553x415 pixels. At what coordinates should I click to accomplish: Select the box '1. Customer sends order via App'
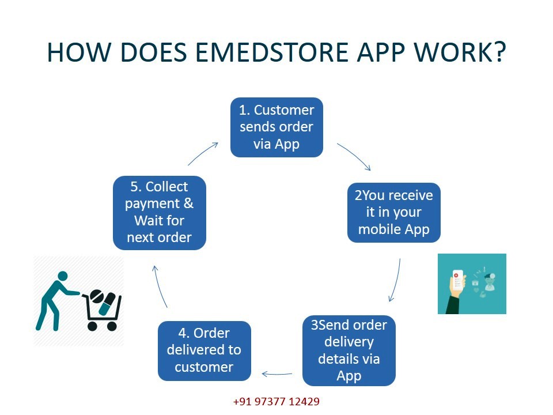pyautogui.click(x=276, y=127)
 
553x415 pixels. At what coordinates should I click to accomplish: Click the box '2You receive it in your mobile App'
pyautogui.click(x=394, y=213)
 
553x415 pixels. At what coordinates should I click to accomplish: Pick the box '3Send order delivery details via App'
pyautogui.click(x=349, y=350)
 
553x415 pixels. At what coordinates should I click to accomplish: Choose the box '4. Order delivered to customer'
pyautogui.click(x=204, y=351)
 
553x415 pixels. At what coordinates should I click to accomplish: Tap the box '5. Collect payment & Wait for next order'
pyautogui.click(x=160, y=213)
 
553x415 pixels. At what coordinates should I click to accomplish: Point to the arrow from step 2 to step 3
pyautogui.click(x=397, y=281)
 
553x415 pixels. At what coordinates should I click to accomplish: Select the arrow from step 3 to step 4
pyautogui.click(x=277, y=374)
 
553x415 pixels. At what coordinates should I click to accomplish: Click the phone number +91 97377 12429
pyautogui.click(x=276, y=402)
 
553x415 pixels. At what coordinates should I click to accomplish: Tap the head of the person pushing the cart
pyautogui.click(x=62, y=276)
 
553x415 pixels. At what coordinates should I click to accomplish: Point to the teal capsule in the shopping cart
pyautogui.click(x=107, y=304)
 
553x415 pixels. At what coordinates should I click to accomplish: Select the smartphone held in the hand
pyautogui.click(x=457, y=281)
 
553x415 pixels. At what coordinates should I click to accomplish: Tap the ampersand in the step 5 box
pyautogui.click(x=189, y=203)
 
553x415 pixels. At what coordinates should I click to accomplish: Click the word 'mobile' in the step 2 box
pyautogui.click(x=380, y=229)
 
